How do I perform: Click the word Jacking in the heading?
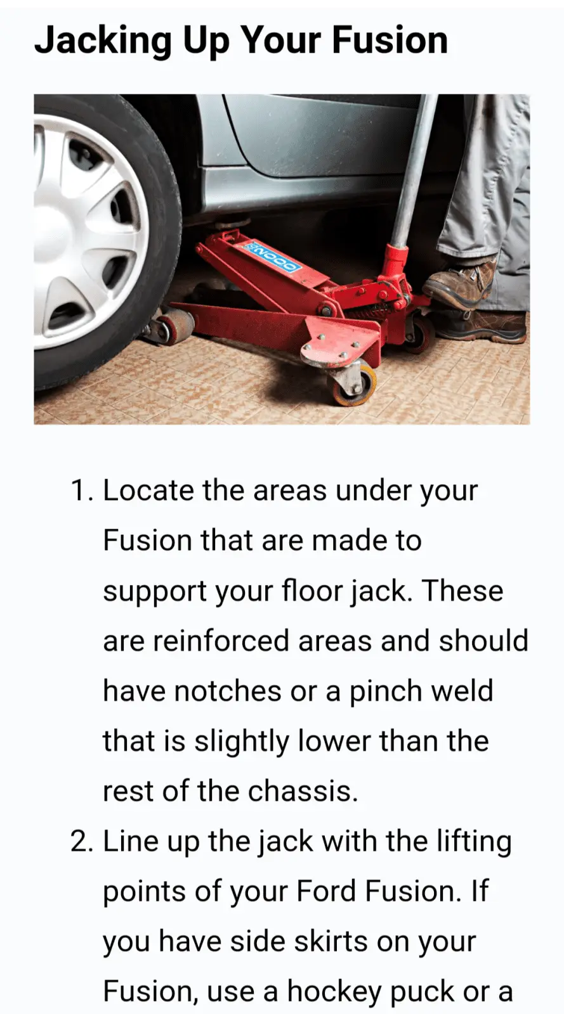[x=102, y=41]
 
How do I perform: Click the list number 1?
[x=81, y=491]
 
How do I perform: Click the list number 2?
[x=82, y=842]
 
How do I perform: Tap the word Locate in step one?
[x=148, y=491]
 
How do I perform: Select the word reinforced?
[x=222, y=641]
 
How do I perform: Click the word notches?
[x=227, y=691]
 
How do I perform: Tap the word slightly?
[x=241, y=741]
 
